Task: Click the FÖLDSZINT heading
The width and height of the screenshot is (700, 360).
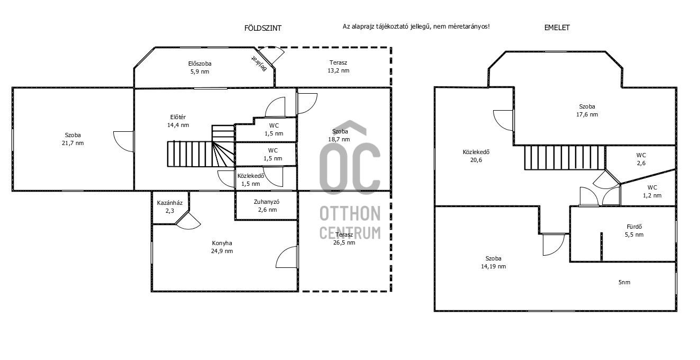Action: coord(262,28)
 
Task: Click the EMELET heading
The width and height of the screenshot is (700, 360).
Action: coord(557,28)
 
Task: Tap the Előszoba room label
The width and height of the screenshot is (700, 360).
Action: coord(199,64)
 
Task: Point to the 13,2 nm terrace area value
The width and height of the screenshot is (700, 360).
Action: coord(338,71)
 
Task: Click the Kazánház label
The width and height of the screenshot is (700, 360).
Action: coord(169,203)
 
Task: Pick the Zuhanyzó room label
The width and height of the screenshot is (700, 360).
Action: coord(267,202)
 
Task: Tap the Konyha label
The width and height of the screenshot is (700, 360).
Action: coord(222,243)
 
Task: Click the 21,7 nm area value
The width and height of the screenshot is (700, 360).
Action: coord(73,143)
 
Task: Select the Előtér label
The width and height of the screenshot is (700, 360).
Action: coord(178,117)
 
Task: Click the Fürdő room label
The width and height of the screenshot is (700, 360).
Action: coord(634,227)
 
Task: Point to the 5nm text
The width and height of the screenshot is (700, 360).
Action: coord(624,282)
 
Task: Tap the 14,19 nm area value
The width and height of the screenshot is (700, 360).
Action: coord(493,266)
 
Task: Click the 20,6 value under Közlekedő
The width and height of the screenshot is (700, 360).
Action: coord(476,160)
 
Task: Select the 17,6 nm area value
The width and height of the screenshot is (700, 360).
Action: coord(587,114)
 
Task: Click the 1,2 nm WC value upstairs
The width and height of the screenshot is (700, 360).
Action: coord(652,195)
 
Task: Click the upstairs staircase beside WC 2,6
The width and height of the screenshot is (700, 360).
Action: coord(565,158)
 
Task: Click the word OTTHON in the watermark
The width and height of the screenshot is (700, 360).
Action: coord(350,213)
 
